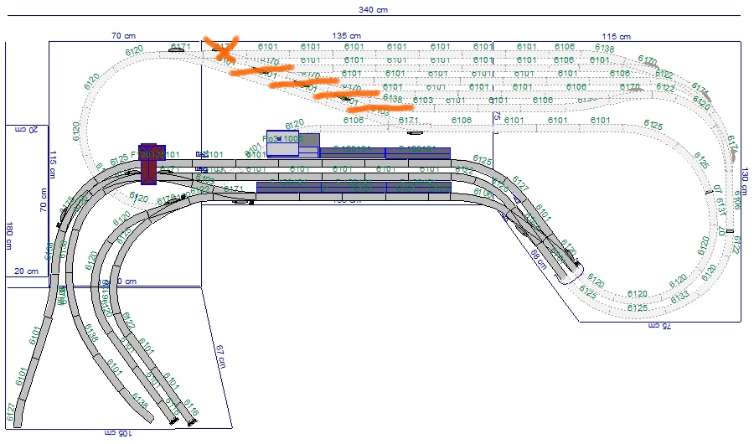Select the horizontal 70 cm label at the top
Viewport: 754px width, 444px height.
coord(124,36)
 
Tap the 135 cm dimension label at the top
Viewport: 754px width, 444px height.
coord(345,36)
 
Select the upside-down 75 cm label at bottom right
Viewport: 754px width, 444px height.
coord(660,326)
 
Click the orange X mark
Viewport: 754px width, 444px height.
coord(224,47)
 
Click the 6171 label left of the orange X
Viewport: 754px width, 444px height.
coord(180,47)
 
